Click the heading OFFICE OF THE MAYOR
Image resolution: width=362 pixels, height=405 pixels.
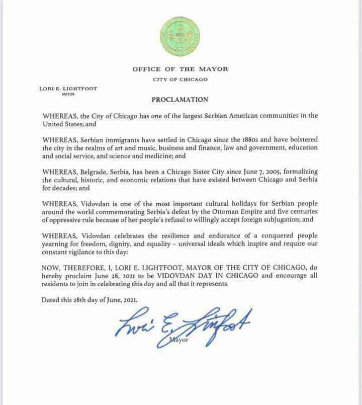(x=180, y=69)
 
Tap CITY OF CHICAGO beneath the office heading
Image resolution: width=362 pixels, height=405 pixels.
(x=180, y=79)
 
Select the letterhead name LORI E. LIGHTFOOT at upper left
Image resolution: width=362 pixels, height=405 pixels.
(x=68, y=89)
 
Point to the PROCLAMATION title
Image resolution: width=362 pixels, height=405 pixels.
(x=179, y=100)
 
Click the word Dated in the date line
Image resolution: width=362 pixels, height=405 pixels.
(x=52, y=300)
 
